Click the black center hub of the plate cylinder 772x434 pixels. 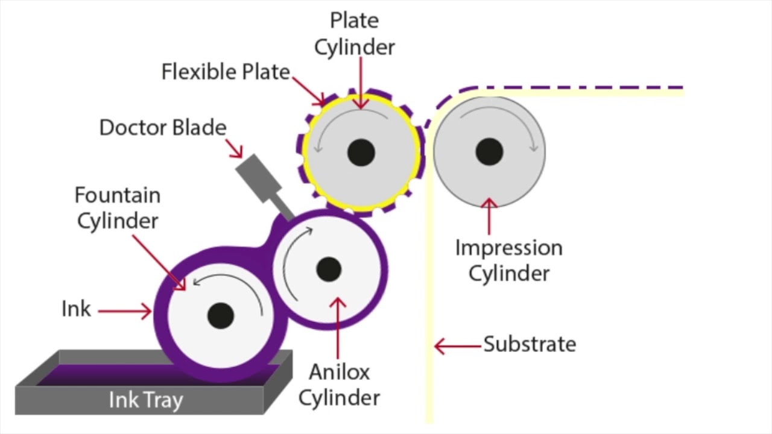361,153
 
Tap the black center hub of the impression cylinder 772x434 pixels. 489,151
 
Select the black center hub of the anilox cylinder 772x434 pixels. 329,269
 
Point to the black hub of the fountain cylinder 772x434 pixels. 220,315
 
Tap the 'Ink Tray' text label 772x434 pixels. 145,400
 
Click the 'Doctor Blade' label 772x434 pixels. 163,128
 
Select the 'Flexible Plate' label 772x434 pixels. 226,72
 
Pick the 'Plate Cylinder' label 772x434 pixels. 355,34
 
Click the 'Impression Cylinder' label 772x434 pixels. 509,260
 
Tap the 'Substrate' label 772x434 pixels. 530,344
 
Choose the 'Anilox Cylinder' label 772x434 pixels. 339,385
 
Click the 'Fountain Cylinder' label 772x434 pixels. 118,208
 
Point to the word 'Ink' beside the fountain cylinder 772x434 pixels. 76,309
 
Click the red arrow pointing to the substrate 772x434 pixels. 458,346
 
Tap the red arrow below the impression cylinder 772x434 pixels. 489,216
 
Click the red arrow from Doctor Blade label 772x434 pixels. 235,148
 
